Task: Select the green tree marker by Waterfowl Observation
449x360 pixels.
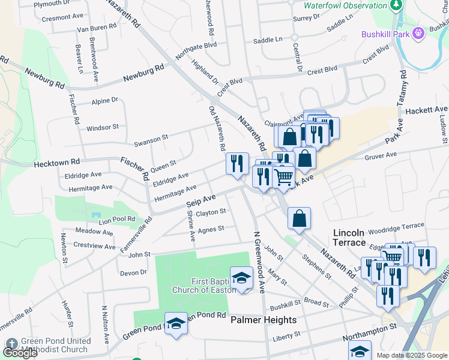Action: (396, 5)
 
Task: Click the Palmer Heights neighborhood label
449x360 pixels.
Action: (264, 320)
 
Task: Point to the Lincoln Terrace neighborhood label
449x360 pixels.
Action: (349, 237)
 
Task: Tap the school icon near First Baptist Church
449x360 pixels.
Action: (241, 278)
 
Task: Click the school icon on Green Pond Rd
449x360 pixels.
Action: (175, 323)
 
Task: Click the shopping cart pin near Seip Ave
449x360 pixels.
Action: (283, 176)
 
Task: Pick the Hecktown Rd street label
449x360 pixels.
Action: (57, 163)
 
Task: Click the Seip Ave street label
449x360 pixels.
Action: (201, 202)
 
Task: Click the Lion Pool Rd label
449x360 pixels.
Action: (117, 220)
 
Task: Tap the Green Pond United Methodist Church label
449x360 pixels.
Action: (56, 346)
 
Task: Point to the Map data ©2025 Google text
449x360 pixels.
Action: (412, 355)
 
